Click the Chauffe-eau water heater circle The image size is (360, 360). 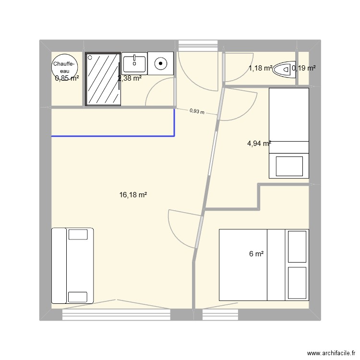click(64, 67)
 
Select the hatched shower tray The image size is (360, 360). click(103, 79)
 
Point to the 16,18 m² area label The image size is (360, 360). click(133, 195)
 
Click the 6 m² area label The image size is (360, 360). click(256, 254)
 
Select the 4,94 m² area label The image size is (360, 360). click(259, 143)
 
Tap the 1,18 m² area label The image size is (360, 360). click(260, 69)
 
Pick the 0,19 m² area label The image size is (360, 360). click(304, 69)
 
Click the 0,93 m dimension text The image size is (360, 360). click(197, 111)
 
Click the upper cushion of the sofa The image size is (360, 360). click(79, 234)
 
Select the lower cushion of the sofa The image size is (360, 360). click(79, 294)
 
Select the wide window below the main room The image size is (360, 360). click(117, 314)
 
